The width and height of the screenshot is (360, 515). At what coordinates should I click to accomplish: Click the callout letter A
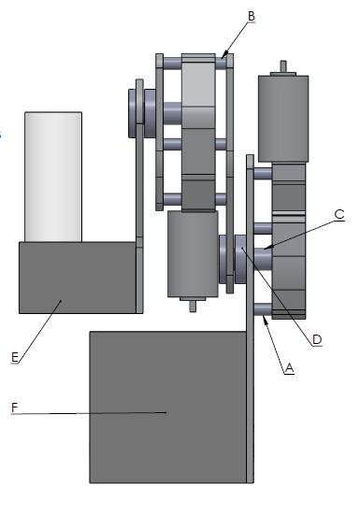(x=290, y=368)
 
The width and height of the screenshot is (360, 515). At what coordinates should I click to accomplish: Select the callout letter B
(x=252, y=15)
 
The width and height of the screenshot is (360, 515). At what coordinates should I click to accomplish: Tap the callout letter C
(x=339, y=215)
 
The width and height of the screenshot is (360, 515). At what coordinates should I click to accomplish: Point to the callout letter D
(x=317, y=339)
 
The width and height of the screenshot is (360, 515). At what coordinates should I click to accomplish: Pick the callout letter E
(x=15, y=357)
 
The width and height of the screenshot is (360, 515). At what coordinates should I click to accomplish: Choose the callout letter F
(x=14, y=408)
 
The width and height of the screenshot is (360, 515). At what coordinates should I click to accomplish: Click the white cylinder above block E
(x=53, y=176)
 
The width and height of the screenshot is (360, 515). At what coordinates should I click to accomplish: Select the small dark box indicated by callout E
(x=77, y=277)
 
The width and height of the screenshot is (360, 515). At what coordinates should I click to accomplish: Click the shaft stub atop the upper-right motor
(x=282, y=67)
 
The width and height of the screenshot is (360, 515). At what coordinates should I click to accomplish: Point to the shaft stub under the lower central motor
(x=193, y=304)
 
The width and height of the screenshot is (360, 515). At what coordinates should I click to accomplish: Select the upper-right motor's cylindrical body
(x=282, y=117)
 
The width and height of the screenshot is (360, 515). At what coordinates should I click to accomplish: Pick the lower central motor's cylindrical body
(x=193, y=254)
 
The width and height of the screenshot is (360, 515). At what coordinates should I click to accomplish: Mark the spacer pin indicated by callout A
(x=262, y=309)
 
